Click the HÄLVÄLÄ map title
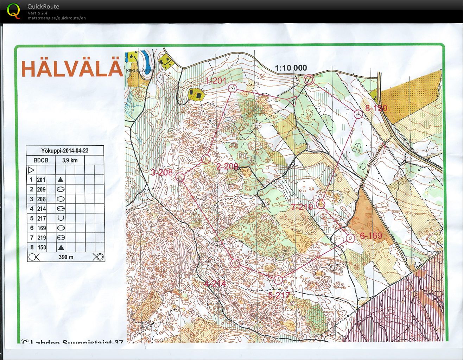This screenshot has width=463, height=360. pos(72,68)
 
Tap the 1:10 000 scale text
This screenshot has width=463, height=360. pos(291,68)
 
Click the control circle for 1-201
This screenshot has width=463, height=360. pos(232,88)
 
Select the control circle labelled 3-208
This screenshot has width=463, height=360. pos(180,177)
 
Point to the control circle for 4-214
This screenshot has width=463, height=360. pos(235,263)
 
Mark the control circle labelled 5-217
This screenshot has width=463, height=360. pos(278,280)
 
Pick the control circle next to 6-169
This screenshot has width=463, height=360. pos(350,238)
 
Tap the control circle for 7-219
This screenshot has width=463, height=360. pos(321,204)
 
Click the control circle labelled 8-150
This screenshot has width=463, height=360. pos(358,114)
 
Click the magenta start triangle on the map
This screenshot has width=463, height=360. pos(292,101)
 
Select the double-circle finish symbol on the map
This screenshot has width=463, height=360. pos(309,80)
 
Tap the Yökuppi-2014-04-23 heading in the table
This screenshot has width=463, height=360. pos(65,151)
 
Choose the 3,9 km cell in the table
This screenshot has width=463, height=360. pos(70,160)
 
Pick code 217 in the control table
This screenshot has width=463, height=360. pos(42,219)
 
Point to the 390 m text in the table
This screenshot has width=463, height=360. pos(66,257)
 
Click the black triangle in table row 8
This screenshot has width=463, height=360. pos(61,247)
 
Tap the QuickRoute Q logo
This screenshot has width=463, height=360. pos(13,10)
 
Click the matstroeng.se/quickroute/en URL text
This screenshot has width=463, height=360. pos(57,18)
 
